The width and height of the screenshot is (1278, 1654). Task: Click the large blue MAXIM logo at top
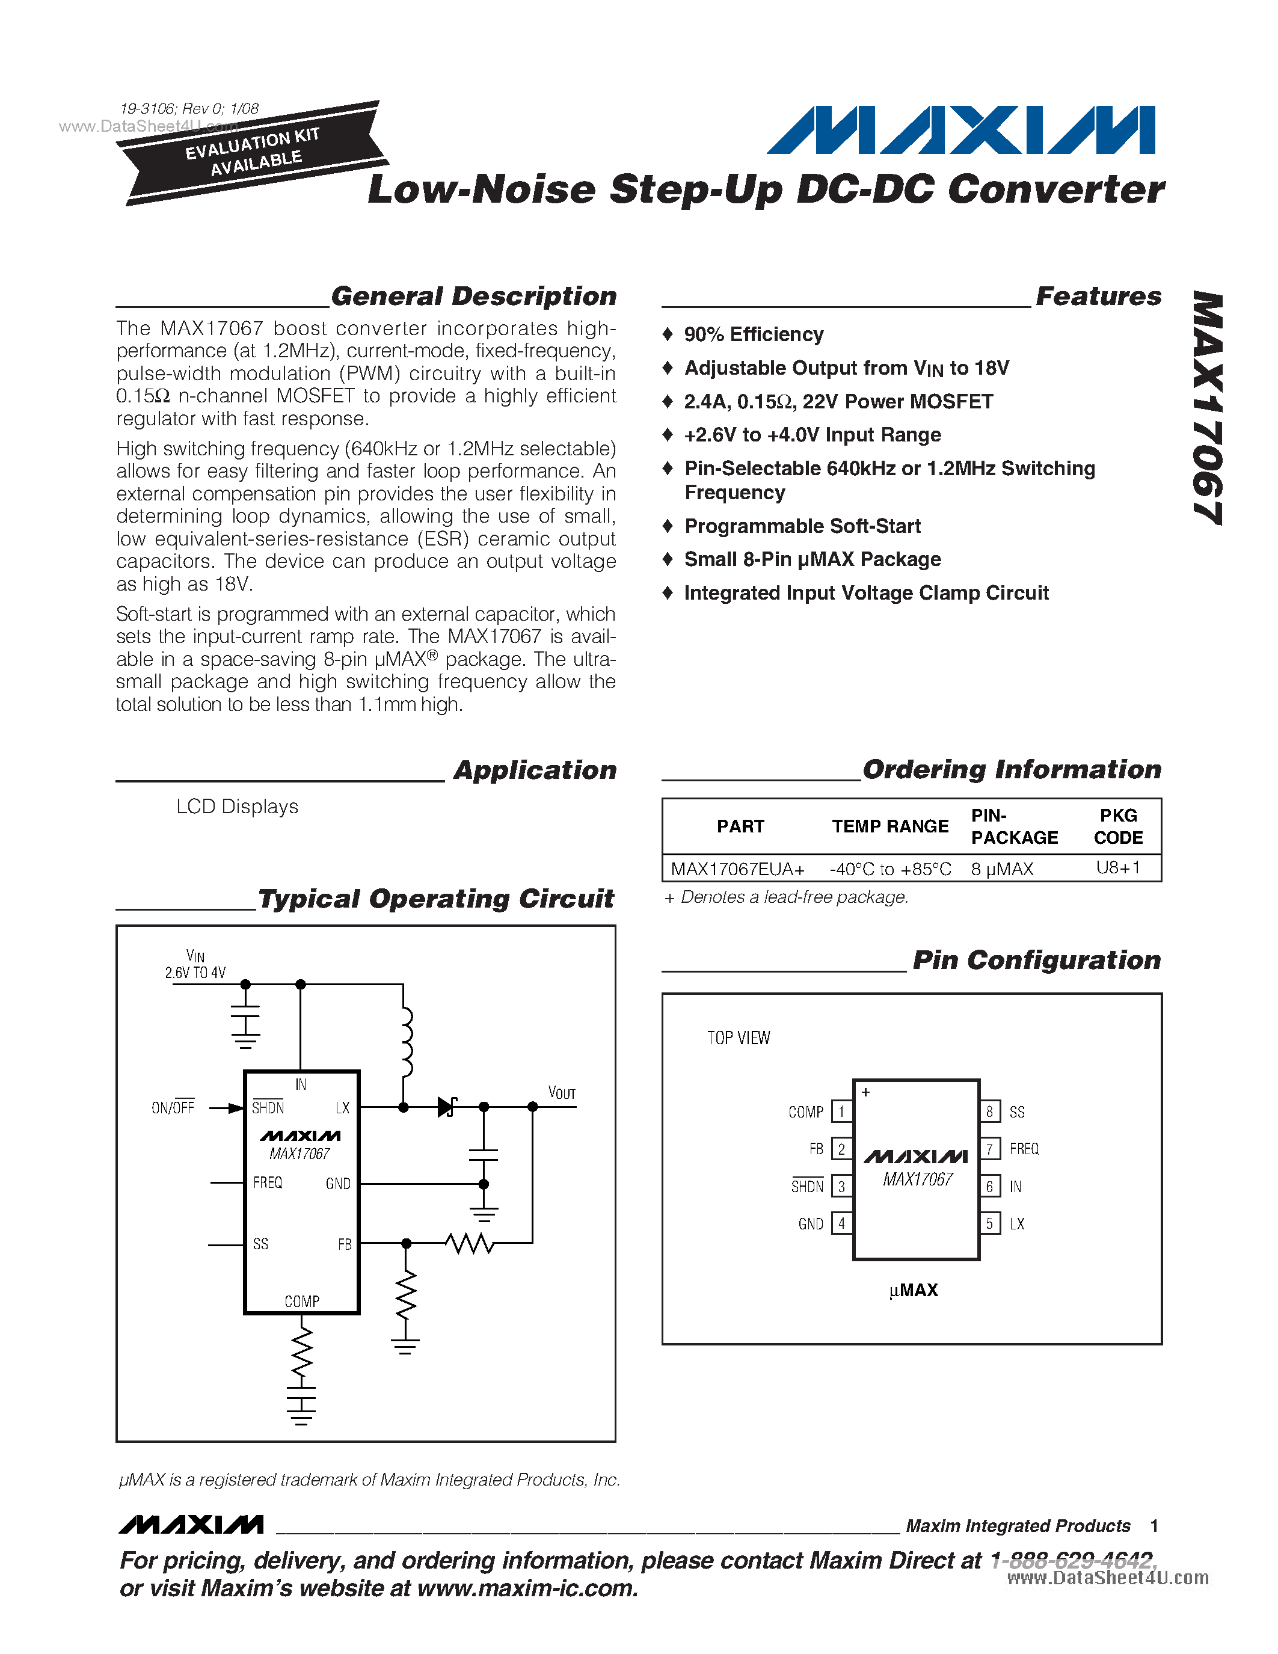962,131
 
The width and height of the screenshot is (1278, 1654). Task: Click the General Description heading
473,296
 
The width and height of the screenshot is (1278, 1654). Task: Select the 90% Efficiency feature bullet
754,335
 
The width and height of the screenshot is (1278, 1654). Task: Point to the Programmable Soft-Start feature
802,526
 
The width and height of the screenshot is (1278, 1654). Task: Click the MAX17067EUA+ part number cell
737,869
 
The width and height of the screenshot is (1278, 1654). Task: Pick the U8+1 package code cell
1117,868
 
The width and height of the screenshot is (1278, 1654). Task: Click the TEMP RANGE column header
889,826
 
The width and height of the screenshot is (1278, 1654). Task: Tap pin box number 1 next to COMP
841,1111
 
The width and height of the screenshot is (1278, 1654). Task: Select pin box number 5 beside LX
989,1224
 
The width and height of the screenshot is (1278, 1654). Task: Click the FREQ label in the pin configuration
1024,1149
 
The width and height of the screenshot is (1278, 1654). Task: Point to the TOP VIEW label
738,1038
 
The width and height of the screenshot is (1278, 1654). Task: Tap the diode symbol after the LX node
447,1107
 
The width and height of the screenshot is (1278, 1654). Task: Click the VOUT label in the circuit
562,1093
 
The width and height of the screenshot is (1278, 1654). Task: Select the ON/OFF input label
173,1108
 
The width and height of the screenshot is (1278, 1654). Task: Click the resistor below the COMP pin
301,1352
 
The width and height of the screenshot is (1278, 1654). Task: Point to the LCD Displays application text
237,807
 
